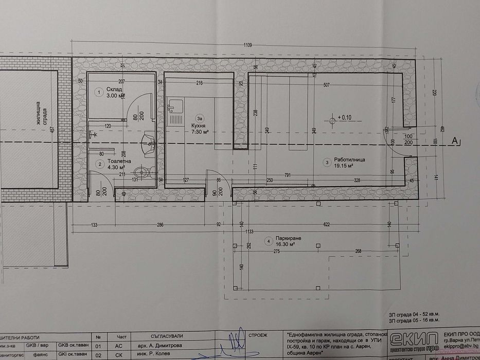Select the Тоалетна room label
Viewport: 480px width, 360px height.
pyautogui.click(x=118, y=161)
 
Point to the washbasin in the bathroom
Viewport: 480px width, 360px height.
pyautogui.click(x=148, y=141)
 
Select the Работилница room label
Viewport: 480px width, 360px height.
pyautogui.click(x=350, y=160)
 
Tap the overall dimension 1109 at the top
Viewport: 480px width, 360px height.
pyautogui.click(x=248, y=46)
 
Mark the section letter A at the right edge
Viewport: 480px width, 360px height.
pyautogui.click(x=455, y=140)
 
